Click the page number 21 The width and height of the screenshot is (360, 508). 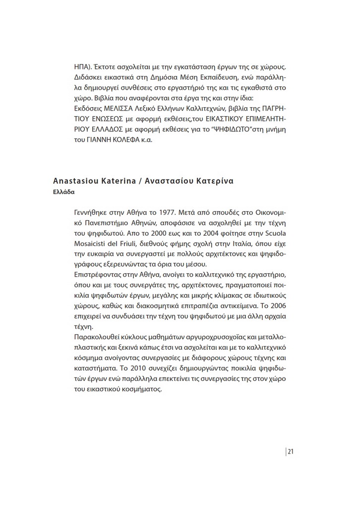point(291,451)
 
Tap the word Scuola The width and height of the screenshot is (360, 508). point(274,232)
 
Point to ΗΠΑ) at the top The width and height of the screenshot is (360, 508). point(82,66)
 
